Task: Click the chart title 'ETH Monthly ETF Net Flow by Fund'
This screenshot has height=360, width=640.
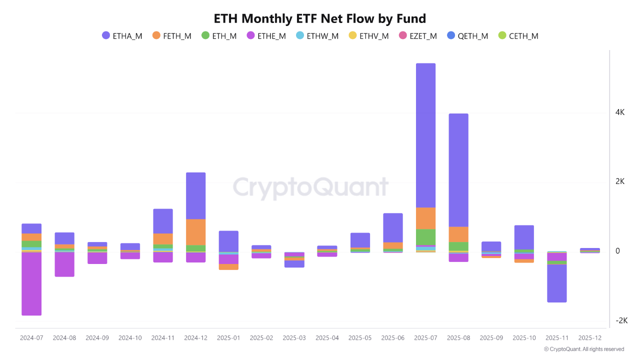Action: [320, 19]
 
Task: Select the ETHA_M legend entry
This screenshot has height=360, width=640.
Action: [122, 36]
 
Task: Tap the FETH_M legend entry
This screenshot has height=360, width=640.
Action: [172, 36]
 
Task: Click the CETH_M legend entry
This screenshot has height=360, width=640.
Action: [518, 36]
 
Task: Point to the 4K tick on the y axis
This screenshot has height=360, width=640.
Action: [620, 112]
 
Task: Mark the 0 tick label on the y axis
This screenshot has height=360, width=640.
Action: [617, 251]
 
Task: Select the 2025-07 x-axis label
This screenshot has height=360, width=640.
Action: [425, 338]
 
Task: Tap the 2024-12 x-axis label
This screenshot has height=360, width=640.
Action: [195, 338]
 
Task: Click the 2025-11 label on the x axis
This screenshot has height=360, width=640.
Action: [557, 338]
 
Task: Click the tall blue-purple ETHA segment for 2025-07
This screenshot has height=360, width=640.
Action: [425, 135]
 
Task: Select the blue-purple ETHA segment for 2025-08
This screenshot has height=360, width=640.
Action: [458, 170]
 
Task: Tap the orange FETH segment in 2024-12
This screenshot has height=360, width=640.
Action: [195, 232]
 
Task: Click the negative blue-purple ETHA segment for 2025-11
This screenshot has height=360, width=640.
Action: [557, 283]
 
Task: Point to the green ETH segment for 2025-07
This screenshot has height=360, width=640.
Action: [425, 237]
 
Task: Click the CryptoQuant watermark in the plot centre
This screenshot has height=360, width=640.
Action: [310, 188]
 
